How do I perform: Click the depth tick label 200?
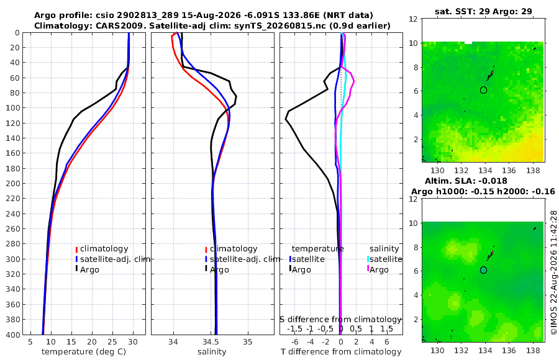[x=13, y=183]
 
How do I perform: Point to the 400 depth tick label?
[x=13, y=335]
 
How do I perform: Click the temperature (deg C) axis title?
[x=84, y=352]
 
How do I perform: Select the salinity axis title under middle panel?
[x=212, y=352]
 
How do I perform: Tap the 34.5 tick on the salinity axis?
[x=211, y=342]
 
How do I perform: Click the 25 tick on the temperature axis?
[x=112, y=342]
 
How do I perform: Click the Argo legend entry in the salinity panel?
[x=217, y=269]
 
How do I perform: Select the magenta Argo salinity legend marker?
[x=368, y=269]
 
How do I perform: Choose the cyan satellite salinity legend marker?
[x=368, y=259]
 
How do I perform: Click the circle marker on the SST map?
[x=483, y=90]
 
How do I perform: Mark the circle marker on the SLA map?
[x=483, y=270]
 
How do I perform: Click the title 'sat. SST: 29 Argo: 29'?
[x=483, y=11]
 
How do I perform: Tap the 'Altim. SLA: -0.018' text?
[x=466, y=181]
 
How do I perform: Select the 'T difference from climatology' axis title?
[x=341, y=352]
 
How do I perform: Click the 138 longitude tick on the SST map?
[x=533, y=171]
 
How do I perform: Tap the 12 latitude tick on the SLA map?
[x=413, y=199]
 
